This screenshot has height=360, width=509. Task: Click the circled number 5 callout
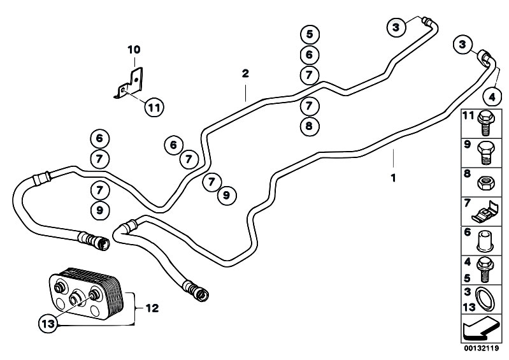pyautogui.click(x=310, y=34)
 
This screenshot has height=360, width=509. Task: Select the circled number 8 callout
pyautogui.click(x=309, y=126)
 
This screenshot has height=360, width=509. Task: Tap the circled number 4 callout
pyautogui.click(x=492, y=97)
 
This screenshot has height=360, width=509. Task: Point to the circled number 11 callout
pyautogui.click(x=154, y=107)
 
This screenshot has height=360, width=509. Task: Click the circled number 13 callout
pyautogui.click(x=48, y=324)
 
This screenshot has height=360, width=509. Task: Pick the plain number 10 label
pyautogui.click(x=134, y=50)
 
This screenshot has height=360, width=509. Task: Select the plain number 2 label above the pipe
pyautogui.click(x=245, y=73)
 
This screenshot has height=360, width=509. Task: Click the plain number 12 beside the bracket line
pyautogui.click(x=152, y=308)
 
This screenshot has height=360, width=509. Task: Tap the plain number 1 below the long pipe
pyautogui.click(x=394, y=178)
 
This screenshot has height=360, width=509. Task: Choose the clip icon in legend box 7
pyautogui.click(x=485, y=212)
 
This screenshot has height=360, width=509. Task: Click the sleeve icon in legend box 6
pyautogui.click(x=485, y=241)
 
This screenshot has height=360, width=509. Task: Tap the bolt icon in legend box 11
pyautogui.click(x=485, y=123)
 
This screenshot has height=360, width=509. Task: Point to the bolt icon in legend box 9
pyautogui.click(x=485, y=153)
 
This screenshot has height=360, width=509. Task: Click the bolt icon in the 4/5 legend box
pyautogui.click(x=485, y=270)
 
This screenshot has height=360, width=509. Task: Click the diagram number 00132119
pyautogui.click(x=481, y=349)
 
